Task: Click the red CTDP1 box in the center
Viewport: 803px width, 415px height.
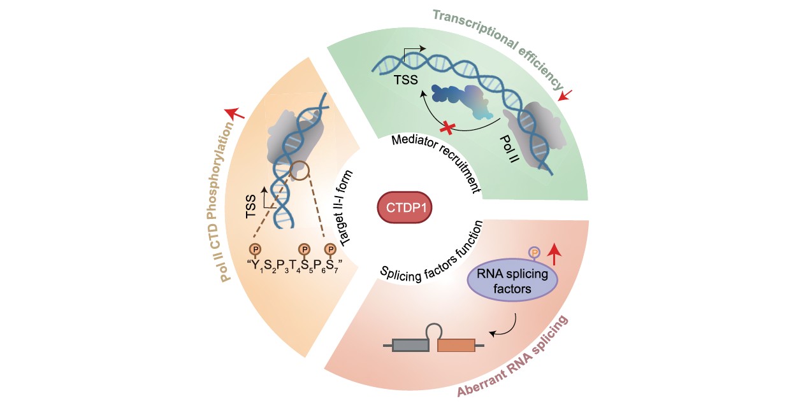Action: click(x=405, y=207)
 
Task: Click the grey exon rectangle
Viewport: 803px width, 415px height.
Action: click(x=410, y=345)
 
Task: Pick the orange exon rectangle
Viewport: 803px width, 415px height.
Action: click(x=456, y=345)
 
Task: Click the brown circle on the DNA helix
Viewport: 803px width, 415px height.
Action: click(x=299, y=171)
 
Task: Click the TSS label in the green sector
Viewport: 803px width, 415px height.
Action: click(x=406, y=80)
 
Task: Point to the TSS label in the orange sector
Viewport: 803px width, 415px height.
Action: click(x=251, y=206)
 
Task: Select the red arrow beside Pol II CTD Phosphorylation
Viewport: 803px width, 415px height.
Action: click(x=235, y=113)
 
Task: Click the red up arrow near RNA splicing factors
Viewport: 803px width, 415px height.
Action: click(x=554, y=254)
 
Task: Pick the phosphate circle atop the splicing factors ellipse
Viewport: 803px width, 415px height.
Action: click(x=534, y=253)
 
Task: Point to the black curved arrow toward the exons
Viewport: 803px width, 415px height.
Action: click(x=509, y=330)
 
